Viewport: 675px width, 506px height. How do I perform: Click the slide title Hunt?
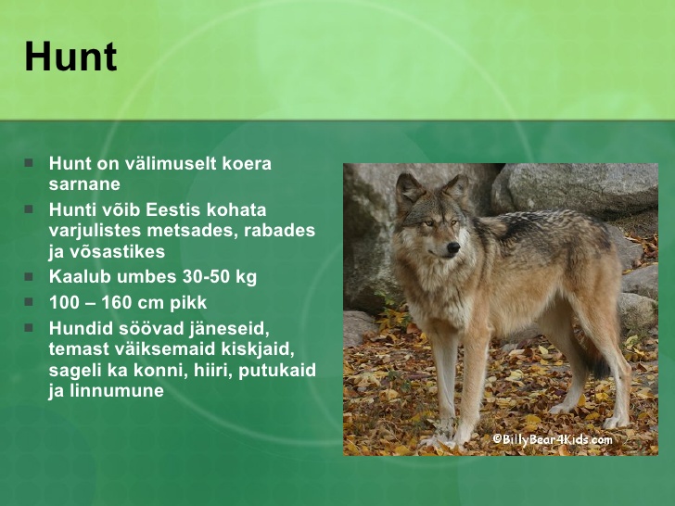tap(70, 57)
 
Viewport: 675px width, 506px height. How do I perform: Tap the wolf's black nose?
tap(453, 247)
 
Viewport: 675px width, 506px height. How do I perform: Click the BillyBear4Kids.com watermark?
tap(553, 439)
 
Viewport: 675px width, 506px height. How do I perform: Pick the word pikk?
tap(188, 302)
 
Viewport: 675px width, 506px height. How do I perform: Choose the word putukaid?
tap(277, 370)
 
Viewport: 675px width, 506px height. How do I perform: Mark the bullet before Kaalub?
tap(29, 276)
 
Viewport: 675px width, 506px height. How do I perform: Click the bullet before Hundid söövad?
tap(29, 328)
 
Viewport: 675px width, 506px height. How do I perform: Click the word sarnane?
tap(84, 184)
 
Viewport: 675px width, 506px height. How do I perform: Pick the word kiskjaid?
tap(258, 349)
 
